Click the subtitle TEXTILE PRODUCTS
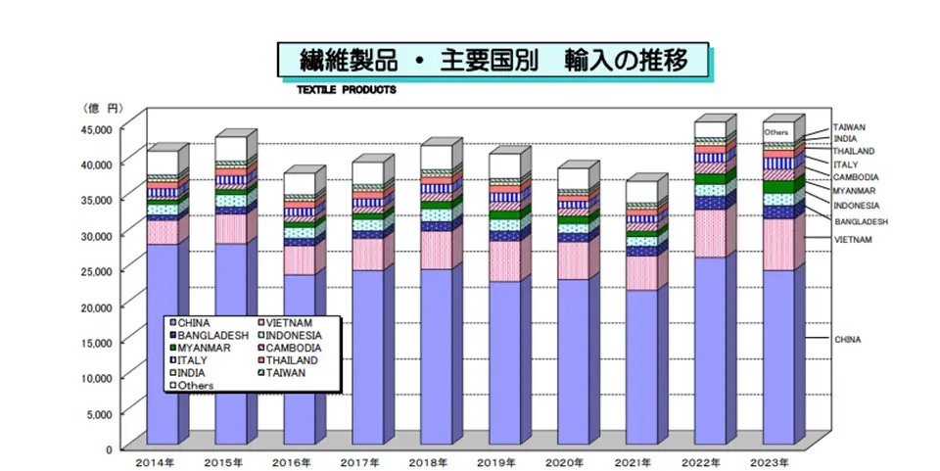(340, 88)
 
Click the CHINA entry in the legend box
(196, 323)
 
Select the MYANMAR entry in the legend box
(203, 348)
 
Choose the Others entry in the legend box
(196, 386)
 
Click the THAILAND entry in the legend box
(292, 360)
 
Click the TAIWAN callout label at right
(849, 127)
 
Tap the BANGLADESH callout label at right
(861, 222)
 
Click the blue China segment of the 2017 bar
(367, 353)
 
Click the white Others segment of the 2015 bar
(230, 148)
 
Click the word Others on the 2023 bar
(776, 131)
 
